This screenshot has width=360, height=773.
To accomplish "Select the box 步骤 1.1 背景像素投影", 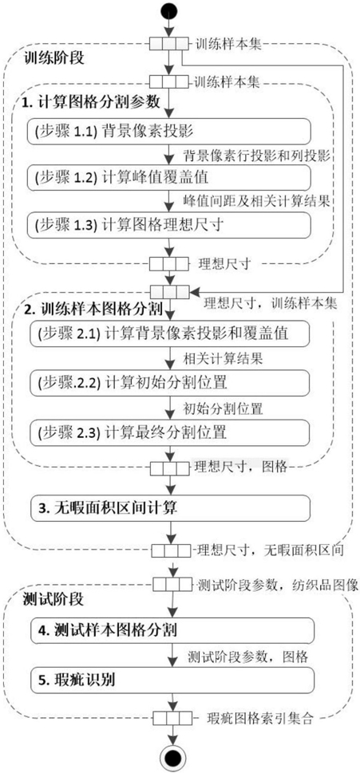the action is [170, 132].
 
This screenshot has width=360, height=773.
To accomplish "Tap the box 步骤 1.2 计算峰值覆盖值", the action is [170, 177].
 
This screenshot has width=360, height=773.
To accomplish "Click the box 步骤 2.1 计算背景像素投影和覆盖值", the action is [170, 333].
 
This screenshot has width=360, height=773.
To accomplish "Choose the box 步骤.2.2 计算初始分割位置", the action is [170, 383].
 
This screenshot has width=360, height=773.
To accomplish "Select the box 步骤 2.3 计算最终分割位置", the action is [170, 432].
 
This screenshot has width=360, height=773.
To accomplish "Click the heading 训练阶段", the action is [53, 58].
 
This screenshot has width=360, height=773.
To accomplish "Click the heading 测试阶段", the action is [53, 600].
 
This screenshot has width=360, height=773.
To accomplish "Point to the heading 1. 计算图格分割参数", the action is [91, 102].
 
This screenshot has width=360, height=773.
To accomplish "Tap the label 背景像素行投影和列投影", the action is [256, 155].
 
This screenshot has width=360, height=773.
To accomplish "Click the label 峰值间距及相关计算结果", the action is [256, 200].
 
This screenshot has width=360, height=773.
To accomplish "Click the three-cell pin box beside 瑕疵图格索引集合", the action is [172, 717].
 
